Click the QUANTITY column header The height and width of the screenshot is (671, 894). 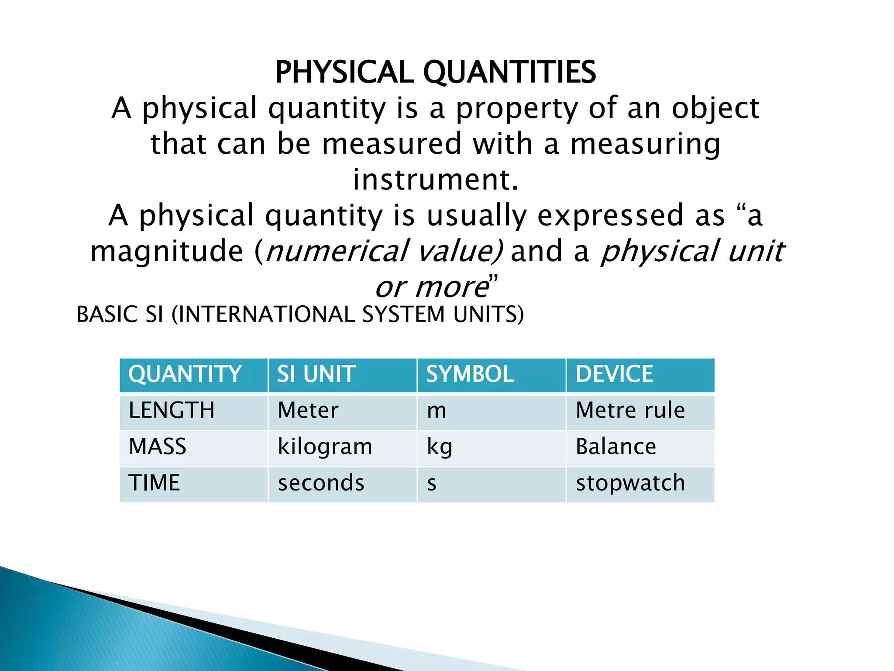[x=185, y=374]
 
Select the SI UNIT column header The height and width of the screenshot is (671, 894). [x=316, y=374]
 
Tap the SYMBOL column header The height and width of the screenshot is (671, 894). [x=470, y=374]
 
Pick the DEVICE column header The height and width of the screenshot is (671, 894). [x=614, y=374]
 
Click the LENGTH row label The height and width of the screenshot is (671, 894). [x=172, y=411]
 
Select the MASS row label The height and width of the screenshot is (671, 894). [x=158, y=447]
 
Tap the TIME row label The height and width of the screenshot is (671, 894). [x=154, y=483]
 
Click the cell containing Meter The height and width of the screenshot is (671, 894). [x=308, y=411]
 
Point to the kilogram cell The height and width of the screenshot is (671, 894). [x=325, y=447]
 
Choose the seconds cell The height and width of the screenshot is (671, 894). [x=321, y=483]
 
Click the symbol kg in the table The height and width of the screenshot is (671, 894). [x=440, y=447]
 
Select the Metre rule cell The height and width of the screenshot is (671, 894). [x=630, y=411]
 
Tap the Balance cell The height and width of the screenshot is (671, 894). [x=616, y=447]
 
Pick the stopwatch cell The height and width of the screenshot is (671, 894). [x=630, y=483]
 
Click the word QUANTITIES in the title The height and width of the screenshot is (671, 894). [x=509, y=73]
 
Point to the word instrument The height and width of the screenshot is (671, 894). [x=436, y=180]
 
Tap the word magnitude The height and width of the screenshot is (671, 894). [x=167, y=251]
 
